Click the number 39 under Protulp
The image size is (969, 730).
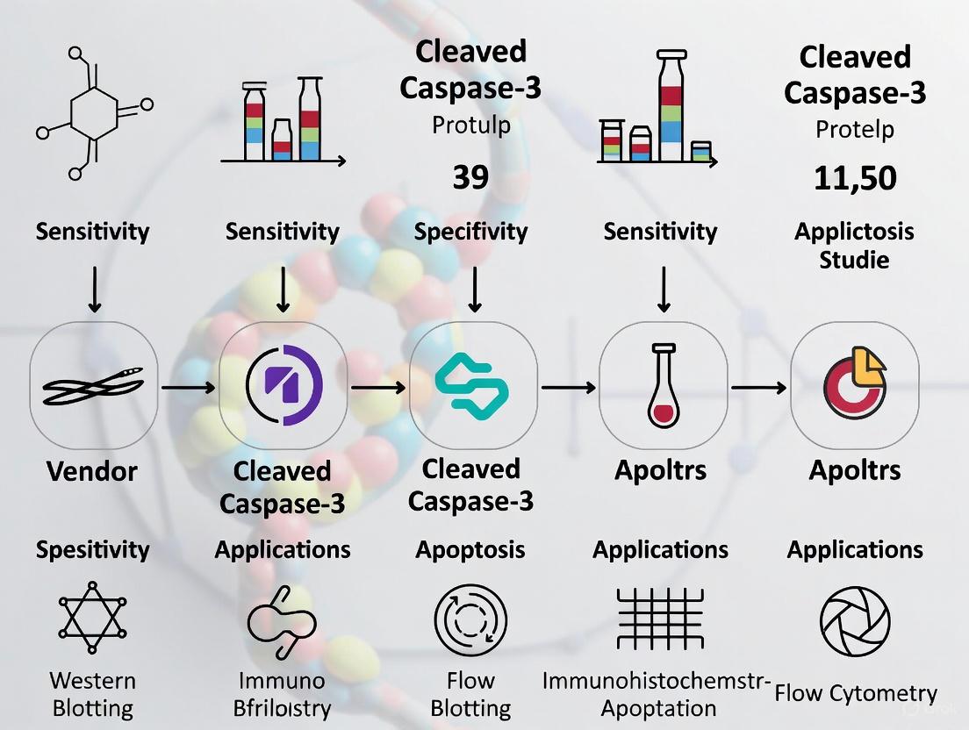click(x=471, y=178)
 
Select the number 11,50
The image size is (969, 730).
click(x=854, y=178)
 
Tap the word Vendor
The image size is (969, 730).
click(x=92, y=471)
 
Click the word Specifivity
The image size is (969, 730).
click(x=471, y=232)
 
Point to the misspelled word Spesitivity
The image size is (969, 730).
click(x=92, y=550)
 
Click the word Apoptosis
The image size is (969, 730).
click(x=470, y=550)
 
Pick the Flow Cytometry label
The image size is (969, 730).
click(x=856, y=694)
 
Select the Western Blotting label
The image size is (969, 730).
click(x=92, y=694)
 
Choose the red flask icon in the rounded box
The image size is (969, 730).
click(x=663, y=386)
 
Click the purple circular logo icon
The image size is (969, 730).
click(x=283, y=385)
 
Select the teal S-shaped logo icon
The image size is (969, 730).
click(x=472, y=385)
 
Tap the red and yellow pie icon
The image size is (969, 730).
click(x=855, y=385)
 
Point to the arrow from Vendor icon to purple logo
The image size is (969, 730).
click(x=187, y=385)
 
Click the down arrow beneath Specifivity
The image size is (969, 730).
click(x=474, y=289)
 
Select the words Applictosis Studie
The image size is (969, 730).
click(x=854, y=246)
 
